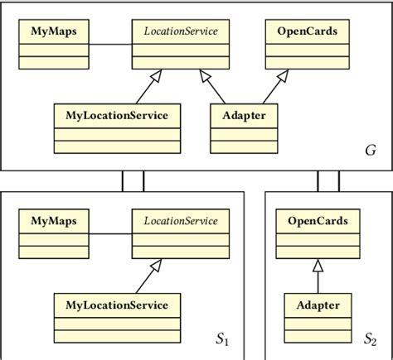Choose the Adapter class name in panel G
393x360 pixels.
point(245,115)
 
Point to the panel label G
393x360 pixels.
point(369,151)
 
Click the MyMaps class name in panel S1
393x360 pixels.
point(52,221)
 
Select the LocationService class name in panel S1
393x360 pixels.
point(181,221)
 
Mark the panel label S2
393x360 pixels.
point(370,339)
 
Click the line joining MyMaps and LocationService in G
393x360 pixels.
point(109,44)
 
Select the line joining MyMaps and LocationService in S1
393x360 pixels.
point(109,234)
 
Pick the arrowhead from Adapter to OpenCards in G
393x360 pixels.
point(283,77)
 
